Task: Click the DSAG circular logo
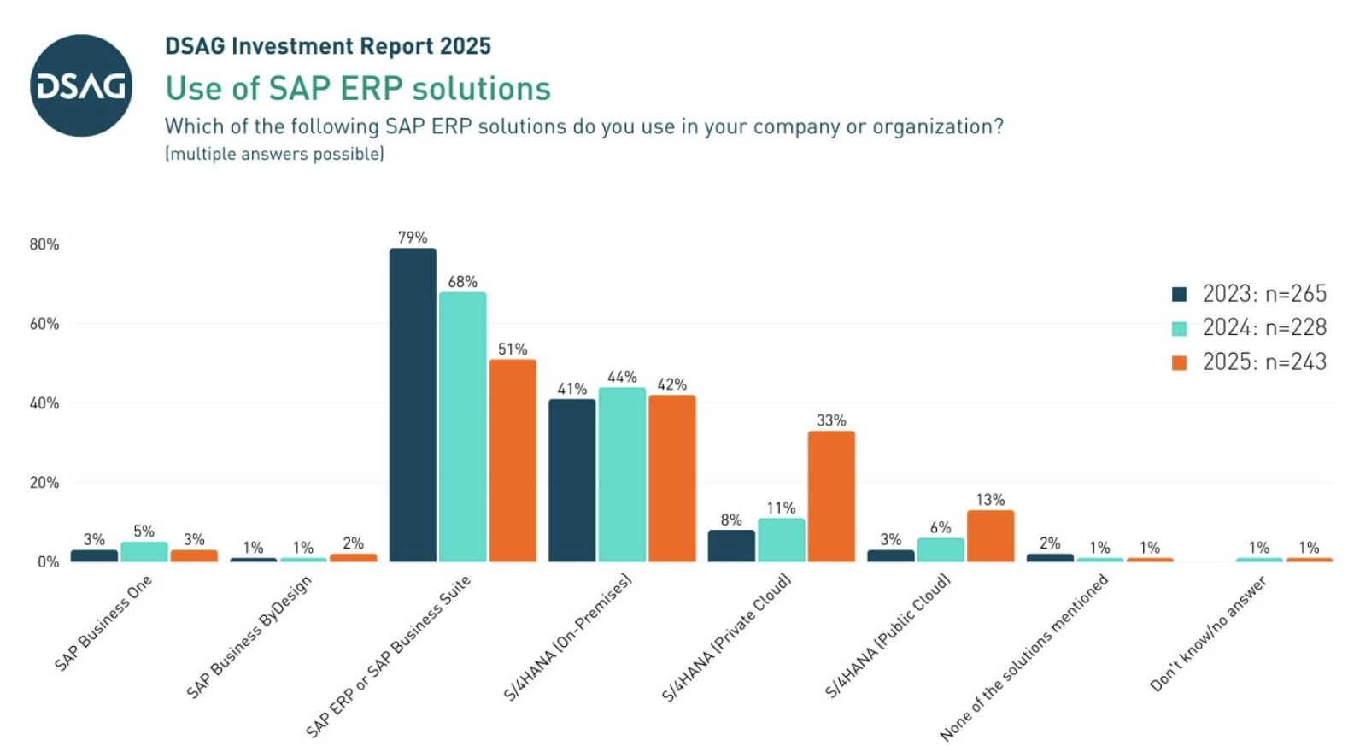tap(81, 85)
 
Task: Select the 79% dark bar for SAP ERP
tap(413, 405)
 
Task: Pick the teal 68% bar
tap(463, 426)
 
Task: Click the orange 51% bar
tap(513, 461)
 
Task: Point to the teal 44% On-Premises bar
tap(622, 474)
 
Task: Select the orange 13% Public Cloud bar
tap(990, 536)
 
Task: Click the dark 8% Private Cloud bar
tap(731, 545)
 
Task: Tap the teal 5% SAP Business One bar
tap(144, 551)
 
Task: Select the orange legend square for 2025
tap(1180, 362)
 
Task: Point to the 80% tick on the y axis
tap(44, 244)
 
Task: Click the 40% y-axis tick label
tap(44, 403)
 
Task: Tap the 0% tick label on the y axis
tap(48, 562)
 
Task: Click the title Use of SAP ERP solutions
tap(358, 89)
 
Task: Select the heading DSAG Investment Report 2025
tap(328, 46)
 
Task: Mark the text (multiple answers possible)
tap(274, 154)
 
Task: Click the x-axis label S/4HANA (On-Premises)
tap(567, 637)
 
